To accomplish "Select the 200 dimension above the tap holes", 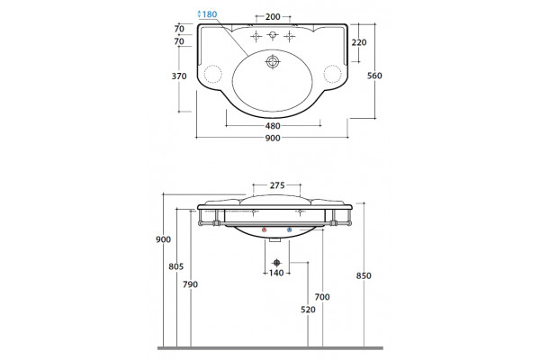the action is click(x=273, y=16).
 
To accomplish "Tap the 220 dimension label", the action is click(x=359, y=42).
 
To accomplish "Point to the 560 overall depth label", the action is click(x=374, y=76).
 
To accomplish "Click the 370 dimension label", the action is click(x=179, y=76).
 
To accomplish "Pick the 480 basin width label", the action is click(x=273, y=126).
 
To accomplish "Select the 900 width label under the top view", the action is click(x=273, y=138).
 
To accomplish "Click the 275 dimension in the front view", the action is click(x=277, y=185).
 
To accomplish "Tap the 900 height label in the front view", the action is click(x=163, y=239).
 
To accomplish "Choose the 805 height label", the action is click(x=176, y=266).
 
